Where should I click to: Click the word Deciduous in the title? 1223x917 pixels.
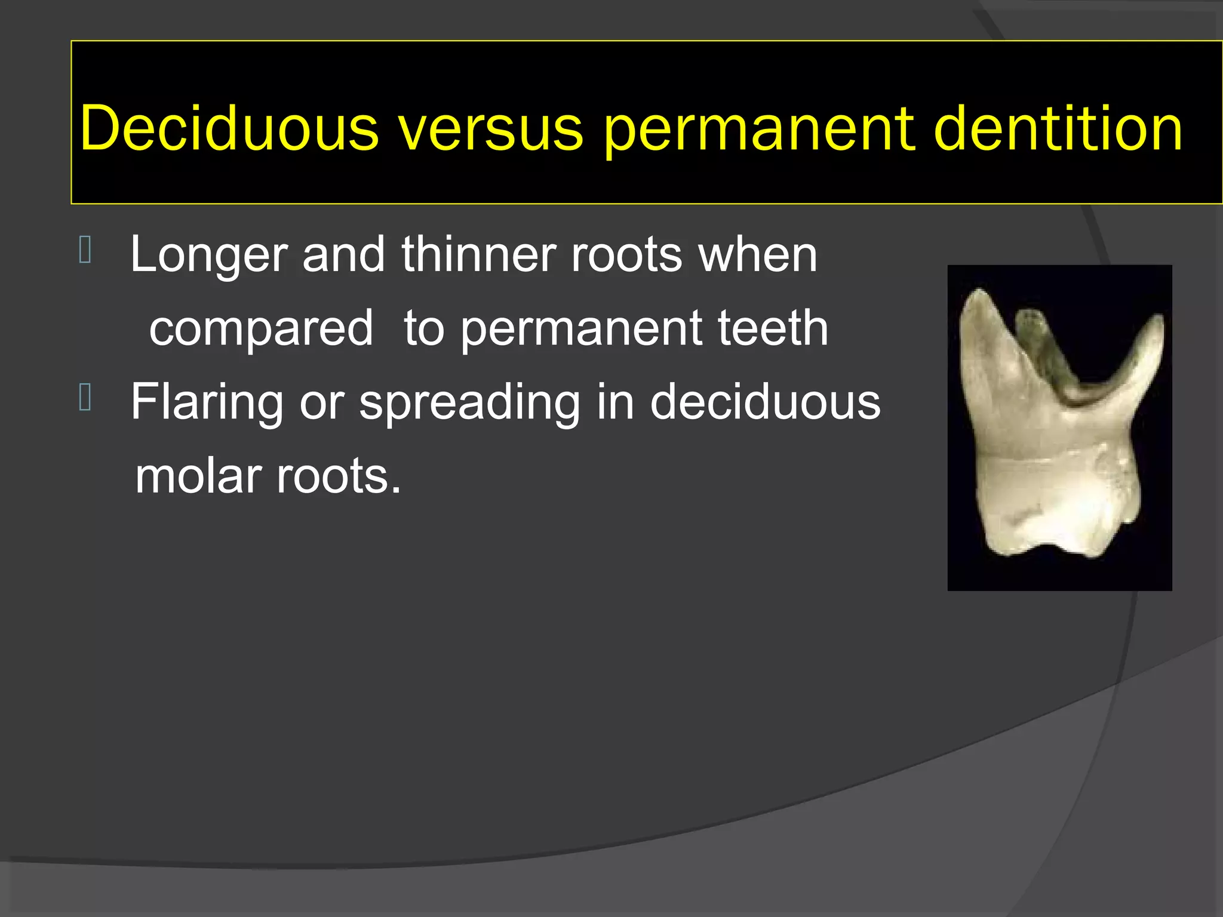click(x=229, y=129)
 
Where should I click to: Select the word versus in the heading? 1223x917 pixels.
click(x=491, y=129)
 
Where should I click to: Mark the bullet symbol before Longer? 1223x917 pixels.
click(x=85, y=250)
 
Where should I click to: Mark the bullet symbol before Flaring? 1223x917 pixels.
click(x=85, y=398)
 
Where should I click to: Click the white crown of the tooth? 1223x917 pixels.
click(x=1057, y=507)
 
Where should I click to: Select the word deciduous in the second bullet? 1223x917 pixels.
click(x=765, y=402)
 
